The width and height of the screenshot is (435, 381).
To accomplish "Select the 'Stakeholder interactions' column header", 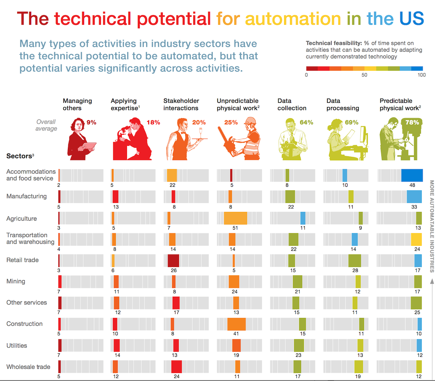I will [181, 105].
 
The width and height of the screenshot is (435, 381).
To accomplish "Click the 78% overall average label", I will [412, 122].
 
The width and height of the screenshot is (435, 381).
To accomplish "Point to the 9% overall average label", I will [91, 122].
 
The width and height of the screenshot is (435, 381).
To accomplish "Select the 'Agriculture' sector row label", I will [21, 218].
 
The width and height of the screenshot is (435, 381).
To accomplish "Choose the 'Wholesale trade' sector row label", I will [28, 367].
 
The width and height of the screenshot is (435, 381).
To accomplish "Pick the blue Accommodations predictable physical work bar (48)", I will [412, 175].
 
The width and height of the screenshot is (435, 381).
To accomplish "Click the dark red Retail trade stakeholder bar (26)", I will [174, 260].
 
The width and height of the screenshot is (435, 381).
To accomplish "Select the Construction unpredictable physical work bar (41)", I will [236, 324].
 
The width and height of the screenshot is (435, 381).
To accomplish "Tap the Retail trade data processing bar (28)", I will [355, 260].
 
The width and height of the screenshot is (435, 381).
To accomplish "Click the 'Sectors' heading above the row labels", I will [18, 156].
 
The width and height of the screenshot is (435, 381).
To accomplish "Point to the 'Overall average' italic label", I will [47, 125].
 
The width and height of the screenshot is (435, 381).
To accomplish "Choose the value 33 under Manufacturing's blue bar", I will [417, 206].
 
